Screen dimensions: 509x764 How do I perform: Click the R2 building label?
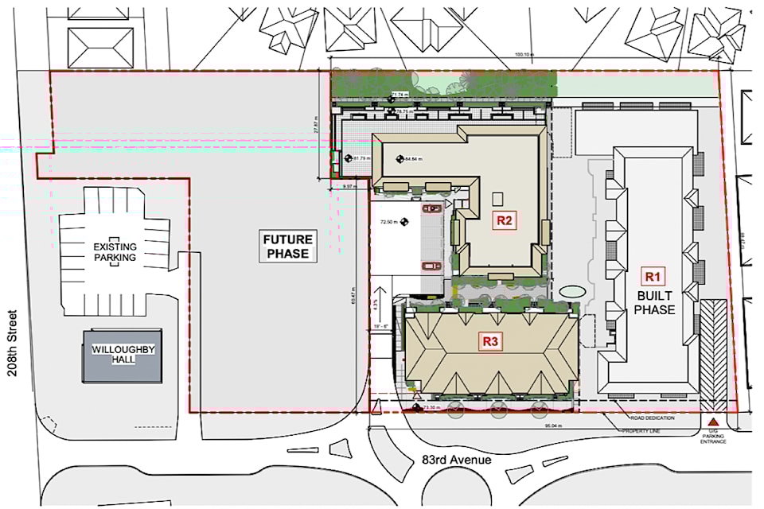[x=503, y=220]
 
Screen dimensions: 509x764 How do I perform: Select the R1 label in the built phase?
[x=653, y=277]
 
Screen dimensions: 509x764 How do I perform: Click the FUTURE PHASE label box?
[x=286, y=247]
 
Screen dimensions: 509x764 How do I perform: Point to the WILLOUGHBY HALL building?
[x=123, y=355]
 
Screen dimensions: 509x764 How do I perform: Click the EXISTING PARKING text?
[x=115, y=252]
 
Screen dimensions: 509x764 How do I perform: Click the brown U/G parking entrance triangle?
[x=713, y=422]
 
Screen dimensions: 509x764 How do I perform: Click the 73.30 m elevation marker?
[x=427, y=408]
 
